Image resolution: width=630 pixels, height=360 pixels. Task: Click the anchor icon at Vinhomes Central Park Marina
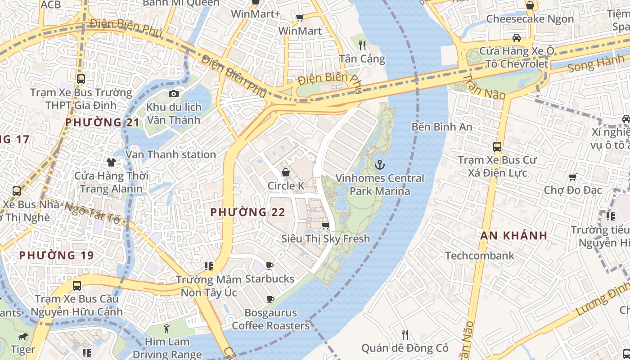pyautogui.click(x=380, y=165)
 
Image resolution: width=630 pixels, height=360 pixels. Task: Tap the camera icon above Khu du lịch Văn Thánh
pyautogui.click(x=173, y=94)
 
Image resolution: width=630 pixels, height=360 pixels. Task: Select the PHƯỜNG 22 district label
pyautogui.click(x=248, y=212)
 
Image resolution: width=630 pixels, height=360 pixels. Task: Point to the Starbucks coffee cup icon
pyautogui.click(x=270, y=265)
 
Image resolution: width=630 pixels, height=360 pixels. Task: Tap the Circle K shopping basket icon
pyautogui.click(x=286, y=172)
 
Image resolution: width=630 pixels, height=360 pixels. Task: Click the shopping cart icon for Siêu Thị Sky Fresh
pyautogui.click(x=326, y=225)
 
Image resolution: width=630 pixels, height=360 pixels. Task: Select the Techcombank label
pyautogui.click(x=480, y=256)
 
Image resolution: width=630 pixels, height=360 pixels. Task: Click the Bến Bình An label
pyautogui.click(x=442, y=127)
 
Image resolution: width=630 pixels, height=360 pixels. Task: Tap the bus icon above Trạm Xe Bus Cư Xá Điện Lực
pyautogui.click(x=497, y=146)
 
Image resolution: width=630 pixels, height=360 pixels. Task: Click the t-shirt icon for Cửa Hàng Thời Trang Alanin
pyautogui.click(x=111, y=162)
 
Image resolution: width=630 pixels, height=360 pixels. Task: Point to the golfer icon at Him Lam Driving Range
pyautogui.click(x=167, y=328)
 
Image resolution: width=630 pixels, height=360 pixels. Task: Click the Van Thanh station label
pyautogui.click(x=171, y=154)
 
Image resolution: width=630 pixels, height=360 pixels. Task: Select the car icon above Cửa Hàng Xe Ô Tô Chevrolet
pyautogui.click(x=517, y=37)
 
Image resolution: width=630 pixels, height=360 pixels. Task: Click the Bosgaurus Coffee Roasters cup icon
pyautogui.click(x=270, y=299)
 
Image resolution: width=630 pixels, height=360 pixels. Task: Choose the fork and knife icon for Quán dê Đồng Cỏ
pyautogui.click(x=405, y=334)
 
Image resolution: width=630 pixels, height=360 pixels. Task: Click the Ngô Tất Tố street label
pyautogui.click(x=93, y=213)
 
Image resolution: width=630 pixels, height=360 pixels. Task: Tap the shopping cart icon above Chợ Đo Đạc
pyautogui.click(x=573, y=177)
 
